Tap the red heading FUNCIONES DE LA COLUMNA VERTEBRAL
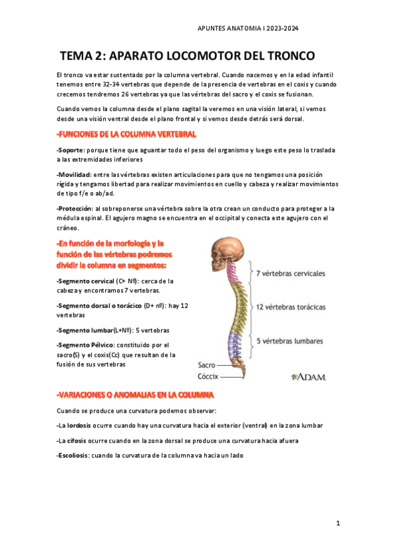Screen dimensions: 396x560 point(126,134)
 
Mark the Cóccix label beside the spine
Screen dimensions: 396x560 point(209,376)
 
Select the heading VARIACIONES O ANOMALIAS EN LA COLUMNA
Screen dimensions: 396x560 point(136,395)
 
